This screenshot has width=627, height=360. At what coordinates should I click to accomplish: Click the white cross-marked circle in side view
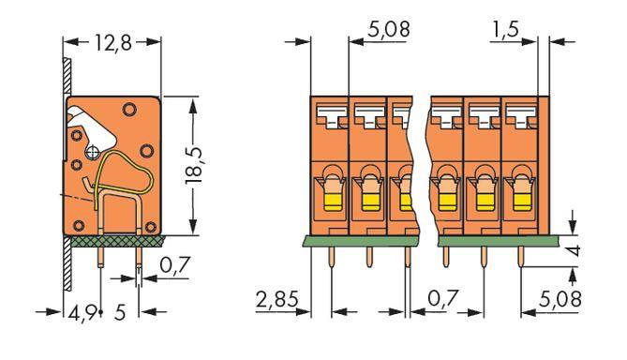point(94,149)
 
